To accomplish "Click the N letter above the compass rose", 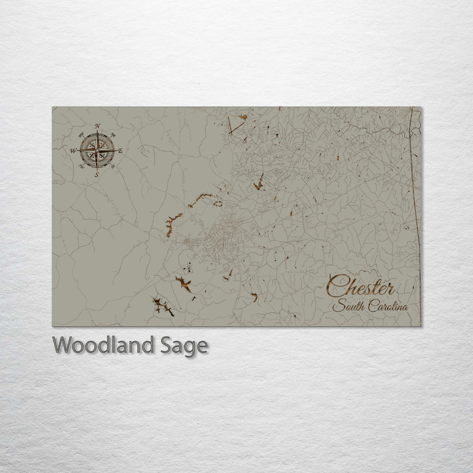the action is (97, 126).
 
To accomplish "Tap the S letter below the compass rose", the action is (97, 175).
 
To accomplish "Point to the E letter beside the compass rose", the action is (120, 151).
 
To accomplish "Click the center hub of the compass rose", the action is (97, 150).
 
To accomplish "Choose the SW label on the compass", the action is (81, 166).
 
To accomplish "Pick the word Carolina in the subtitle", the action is (388, 306).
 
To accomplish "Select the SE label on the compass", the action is (113, 166).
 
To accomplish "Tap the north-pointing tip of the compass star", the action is (97, 131).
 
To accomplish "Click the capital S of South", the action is (338, 306).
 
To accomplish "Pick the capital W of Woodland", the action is (63, 345).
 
